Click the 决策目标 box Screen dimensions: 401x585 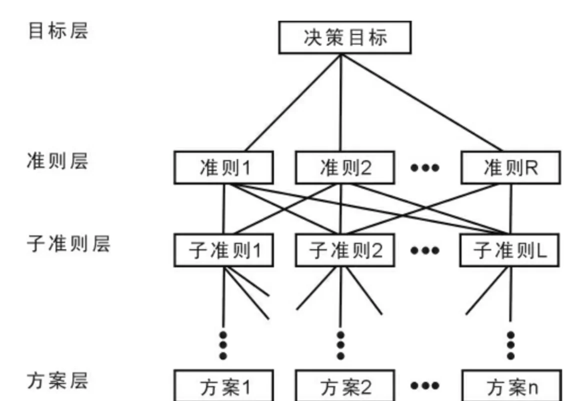click(344, 38)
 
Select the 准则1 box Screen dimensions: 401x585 click(223, 168)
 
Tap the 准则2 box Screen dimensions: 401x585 click(344, 168)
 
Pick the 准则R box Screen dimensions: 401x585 click(509, 168)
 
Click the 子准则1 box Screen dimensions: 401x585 click(223, 250)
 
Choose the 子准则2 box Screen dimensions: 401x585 click(344, 250)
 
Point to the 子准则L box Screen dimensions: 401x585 click(509, 250)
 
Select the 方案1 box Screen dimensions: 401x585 click(223, 386)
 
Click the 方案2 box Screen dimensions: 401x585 click(344, 386)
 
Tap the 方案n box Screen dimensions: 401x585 click(511, 386)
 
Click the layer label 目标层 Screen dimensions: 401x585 click(58, 31)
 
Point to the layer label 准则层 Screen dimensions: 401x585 click(58, 161)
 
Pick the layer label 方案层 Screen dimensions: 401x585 click(58, 380)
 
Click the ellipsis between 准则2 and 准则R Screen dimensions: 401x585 click(425, 168)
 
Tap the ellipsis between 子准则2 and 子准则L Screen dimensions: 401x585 click(425, 250)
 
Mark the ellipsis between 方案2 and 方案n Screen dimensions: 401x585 click(425, 386)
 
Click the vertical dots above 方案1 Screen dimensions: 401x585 click(223, 345)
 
